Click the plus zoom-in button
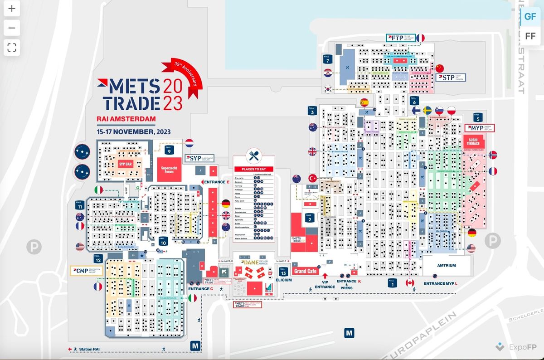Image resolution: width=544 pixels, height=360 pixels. pos(12,9)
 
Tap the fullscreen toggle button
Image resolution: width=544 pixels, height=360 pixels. pos(12,47)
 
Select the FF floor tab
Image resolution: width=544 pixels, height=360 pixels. pos(530,36)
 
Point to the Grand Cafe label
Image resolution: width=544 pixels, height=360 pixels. pos(306,271)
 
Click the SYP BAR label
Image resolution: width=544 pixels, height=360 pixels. pos(125,164)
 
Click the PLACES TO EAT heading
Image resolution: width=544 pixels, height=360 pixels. pos(253,169)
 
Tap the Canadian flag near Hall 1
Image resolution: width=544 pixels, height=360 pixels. pos(410,283)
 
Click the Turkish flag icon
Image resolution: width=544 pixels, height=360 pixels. pos(312,178)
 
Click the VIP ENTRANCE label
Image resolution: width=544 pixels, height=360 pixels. pos(325,284)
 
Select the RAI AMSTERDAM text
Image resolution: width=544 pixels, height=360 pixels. pos(126,119)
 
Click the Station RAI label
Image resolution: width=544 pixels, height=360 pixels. pos(86,349)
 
